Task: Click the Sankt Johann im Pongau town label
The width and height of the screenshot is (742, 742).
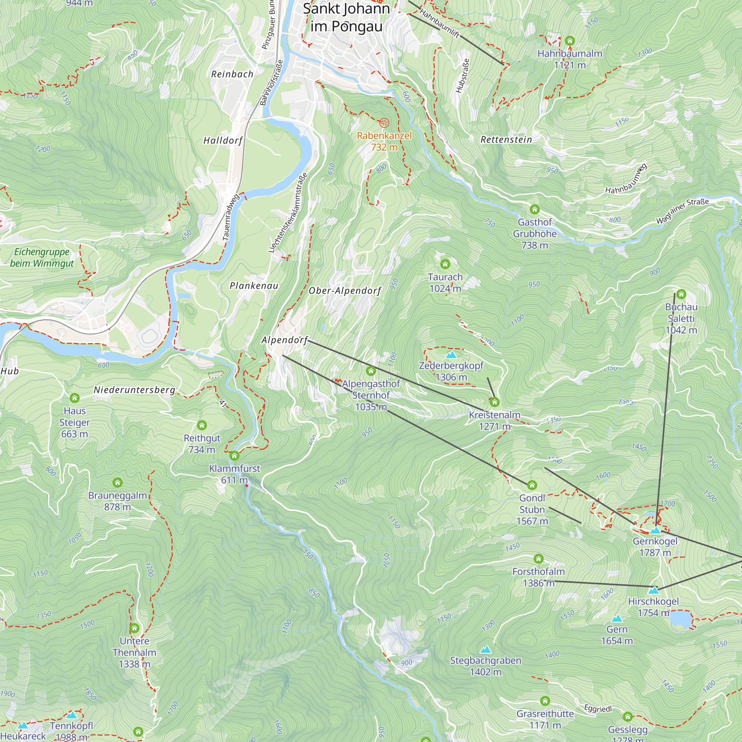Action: (346, 18)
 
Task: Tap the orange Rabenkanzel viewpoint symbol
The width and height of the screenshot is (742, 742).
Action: (384, 123)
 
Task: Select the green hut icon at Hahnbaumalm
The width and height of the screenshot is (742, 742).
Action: (570, 41)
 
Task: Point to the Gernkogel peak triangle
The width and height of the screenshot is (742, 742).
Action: (655, 531)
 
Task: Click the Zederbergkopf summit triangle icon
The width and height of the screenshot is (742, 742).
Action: (451, 355)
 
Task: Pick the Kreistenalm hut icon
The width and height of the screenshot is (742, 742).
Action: (494, 402)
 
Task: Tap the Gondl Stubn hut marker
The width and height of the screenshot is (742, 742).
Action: (532, 485)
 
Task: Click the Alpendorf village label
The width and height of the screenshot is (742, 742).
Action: (285, 340)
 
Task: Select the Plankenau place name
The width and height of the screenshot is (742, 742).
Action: (254, 286)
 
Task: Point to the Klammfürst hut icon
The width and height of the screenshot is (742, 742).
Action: (234, 456)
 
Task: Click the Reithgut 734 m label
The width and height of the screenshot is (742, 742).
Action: (202, 444)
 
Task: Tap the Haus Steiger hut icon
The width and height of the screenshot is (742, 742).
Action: (75, 398)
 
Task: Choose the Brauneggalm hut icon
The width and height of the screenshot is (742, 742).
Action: (118, 482)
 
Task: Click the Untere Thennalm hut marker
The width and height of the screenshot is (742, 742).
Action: (134, 628)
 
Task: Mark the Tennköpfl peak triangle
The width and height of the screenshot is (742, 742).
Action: (72, 715)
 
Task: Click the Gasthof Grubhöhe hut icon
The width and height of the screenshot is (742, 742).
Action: (535, 209)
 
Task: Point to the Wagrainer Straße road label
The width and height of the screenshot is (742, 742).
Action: (682, 210)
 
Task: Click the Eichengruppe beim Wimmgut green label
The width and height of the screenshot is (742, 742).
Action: (42, 258)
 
